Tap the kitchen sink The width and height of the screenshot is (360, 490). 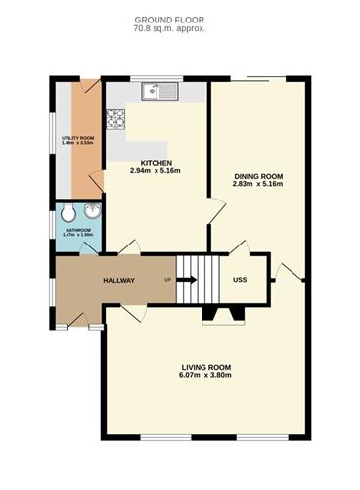[157, 93]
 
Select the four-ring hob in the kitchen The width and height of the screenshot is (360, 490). [116, 119]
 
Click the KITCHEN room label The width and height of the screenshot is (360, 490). [157, 162]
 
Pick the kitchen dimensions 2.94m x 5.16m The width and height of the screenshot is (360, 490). [157, 171]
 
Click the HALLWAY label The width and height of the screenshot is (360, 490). [118, 281]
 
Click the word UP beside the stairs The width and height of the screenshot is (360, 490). [169, 281]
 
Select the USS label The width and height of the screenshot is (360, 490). [240, 281]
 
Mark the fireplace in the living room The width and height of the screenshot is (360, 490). [217, 314]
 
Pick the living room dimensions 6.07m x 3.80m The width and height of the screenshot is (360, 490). [204, 376]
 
